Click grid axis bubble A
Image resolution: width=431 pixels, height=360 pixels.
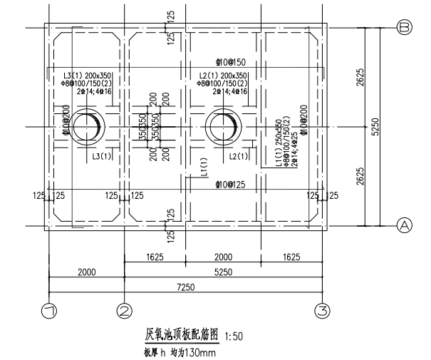click(405, 225)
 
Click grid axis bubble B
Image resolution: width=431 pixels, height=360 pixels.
click(405, 27)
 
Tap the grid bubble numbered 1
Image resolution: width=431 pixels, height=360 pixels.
click(48, 311)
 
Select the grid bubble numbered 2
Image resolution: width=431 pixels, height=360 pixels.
click(125, 311)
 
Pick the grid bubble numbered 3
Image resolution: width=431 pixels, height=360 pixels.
click(323, 311)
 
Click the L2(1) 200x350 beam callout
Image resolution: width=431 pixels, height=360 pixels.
click(223, 75)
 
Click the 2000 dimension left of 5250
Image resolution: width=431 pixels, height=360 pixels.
click(86, 272)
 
